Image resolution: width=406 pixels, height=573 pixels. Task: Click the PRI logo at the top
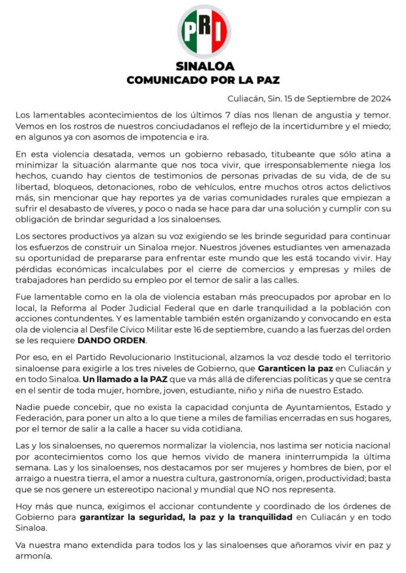point(204,30)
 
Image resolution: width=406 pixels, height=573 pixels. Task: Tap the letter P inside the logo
point(188,29)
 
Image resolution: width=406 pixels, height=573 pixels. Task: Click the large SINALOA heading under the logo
point(203,67)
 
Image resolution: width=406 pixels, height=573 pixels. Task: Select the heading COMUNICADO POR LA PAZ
point(203,80)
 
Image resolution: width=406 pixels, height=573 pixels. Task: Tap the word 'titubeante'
point(242,155)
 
